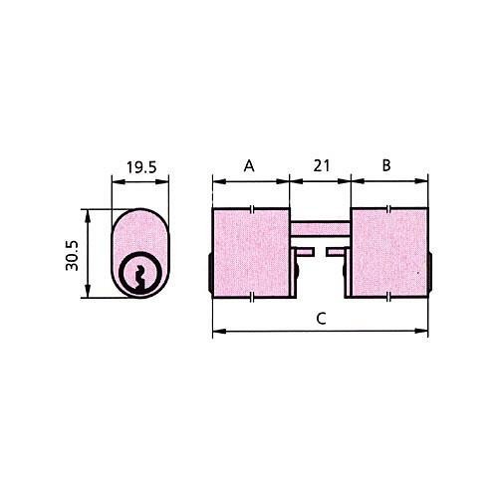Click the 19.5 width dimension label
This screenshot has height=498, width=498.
pyautogui.click(x=141, y=167)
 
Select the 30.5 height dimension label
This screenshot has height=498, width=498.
pyautogui.click(x=72, y=255)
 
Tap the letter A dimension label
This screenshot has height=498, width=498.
pyautogui.click(x=249, y=165)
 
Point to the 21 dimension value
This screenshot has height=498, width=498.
pyautogui.click(x=321, y=165)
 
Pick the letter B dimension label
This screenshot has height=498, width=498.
pyautogui.click(x=386, y=165)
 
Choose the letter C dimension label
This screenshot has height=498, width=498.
pyautogui.click(x=321, y=319)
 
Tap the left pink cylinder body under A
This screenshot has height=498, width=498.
pyautogui.click(x=251, y=253)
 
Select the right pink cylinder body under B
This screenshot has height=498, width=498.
pyautogui.click(x=389, y=253)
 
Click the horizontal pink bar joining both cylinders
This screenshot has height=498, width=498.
pyautogui.click(x=321, y=228)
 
